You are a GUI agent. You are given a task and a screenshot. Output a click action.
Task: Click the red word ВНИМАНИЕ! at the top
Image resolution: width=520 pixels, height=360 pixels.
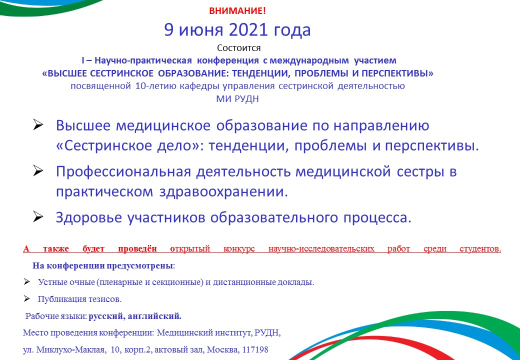(x=237, y=11)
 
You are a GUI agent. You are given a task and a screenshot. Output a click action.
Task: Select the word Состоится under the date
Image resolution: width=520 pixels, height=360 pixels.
(x=239, y=48)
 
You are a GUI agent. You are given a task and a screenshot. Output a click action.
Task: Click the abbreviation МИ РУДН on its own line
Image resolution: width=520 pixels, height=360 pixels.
(x=237, y=99)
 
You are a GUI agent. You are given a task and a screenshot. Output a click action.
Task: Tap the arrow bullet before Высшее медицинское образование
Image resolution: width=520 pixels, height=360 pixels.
(x=38, y=125)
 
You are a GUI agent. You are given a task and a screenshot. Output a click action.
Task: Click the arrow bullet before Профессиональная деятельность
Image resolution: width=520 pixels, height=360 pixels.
(x=38, y=171)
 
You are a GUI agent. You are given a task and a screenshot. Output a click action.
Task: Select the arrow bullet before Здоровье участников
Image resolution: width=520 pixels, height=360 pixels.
(x=38, y=217)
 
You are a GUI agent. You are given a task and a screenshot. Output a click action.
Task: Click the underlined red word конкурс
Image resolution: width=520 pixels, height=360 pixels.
(x=239, y=248)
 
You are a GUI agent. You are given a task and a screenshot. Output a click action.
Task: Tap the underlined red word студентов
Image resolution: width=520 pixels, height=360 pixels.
(x=480, y=248)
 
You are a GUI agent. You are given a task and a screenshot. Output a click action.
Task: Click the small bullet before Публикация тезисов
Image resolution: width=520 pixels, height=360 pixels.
(x=27, y=298)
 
